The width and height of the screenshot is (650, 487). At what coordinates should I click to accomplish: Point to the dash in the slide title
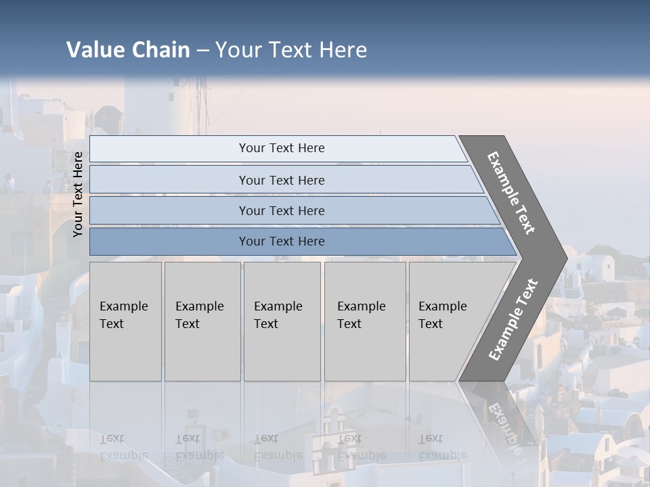[202, 51]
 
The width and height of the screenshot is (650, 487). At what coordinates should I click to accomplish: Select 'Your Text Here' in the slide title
[291, 50]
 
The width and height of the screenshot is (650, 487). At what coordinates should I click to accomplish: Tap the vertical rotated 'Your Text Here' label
[78, 194]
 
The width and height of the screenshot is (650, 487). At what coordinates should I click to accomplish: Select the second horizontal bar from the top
[281, 180]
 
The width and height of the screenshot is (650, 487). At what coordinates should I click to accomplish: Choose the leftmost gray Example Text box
[125, 321]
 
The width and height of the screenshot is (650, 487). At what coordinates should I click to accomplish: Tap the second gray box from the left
[202, 321]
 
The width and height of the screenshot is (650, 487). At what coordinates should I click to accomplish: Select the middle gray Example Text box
[282, 321]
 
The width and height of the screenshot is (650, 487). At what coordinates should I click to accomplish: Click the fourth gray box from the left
[364, 321]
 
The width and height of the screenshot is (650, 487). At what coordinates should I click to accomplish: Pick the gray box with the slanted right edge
[454, 321]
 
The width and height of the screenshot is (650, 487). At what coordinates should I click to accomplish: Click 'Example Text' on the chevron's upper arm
[511, 193]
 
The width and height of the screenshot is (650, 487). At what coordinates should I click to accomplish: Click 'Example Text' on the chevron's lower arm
[513, 319]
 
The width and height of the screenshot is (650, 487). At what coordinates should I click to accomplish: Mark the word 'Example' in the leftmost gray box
[123, 306]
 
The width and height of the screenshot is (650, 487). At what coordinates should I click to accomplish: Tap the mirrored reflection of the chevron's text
[504, 426]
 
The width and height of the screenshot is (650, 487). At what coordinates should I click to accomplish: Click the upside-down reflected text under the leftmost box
[123, 447]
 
